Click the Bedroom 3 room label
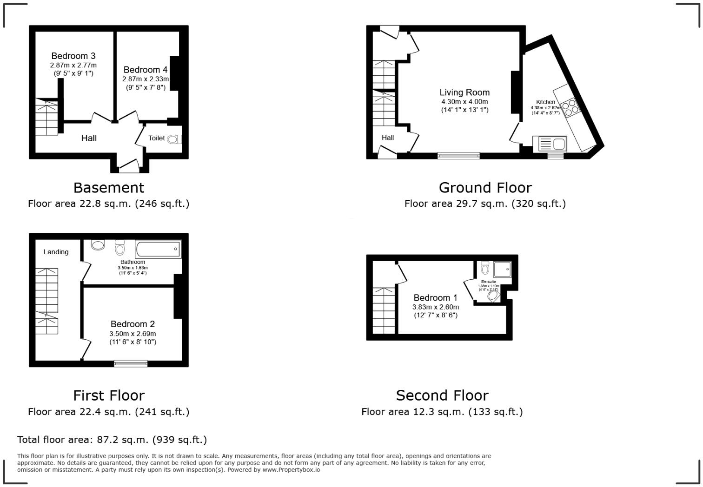pos(73,56)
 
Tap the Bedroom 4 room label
pos(146,70)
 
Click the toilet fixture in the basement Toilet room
pos(174,139)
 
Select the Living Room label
pos(464,92)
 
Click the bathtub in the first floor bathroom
pos(158,249)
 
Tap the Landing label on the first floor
pos(56,252)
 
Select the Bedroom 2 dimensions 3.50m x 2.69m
pos(133,334)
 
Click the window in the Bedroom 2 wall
pos(131,363)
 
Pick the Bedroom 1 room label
pos(436,298)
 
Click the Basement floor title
pos(109,188)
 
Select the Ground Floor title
pos(485,188)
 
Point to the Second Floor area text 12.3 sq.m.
pos(442,412)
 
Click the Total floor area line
pos(112,440)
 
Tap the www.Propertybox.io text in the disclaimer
pos(291,470)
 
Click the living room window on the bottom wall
pos(458,156)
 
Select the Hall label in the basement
pos(89,138)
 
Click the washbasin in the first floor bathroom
pos(98,245)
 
